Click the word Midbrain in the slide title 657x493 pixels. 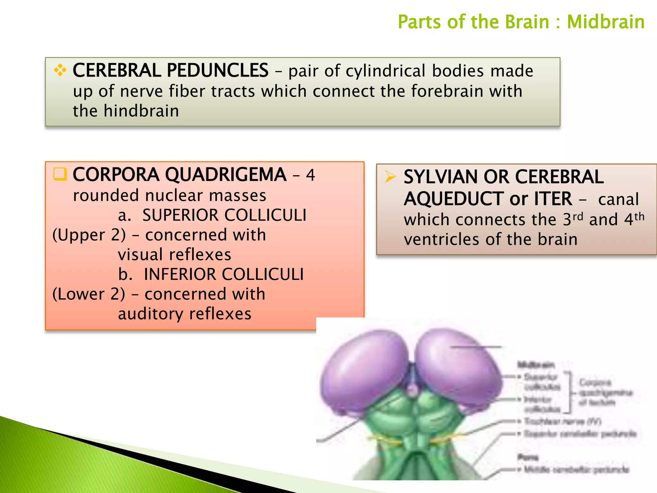tap(605, 22)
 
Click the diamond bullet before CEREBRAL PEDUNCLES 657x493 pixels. tap(60, 70)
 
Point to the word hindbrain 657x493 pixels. tap(141, 111)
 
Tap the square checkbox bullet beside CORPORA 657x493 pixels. tap(60, 174)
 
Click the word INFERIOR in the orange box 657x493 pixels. tap(180, 274)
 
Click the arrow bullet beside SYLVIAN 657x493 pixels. tap(390, 177)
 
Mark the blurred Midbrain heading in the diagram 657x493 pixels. tap(536, 365)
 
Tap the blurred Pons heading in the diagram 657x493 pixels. tap(528, 457)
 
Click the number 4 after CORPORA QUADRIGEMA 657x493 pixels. tap(310, 175)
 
